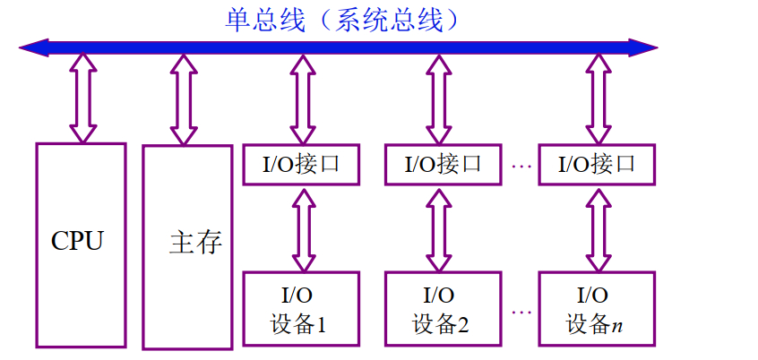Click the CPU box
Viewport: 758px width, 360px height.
pyautogui.click(x=81, y=244)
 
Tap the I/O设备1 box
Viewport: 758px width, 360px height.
pyautogui.click(x=301, y=308)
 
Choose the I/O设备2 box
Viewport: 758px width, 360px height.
pyautogui.click(x=443, y=308)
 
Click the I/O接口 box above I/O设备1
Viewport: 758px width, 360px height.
pyautogui.click(x=301, y=165)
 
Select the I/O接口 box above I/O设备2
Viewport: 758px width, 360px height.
pyautogui.click(x=443, y=165)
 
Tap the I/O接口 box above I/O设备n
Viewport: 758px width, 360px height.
pyautogui.click(x=596, y=165)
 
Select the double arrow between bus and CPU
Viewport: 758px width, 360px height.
pyautogui.click(x=82, y=98)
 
